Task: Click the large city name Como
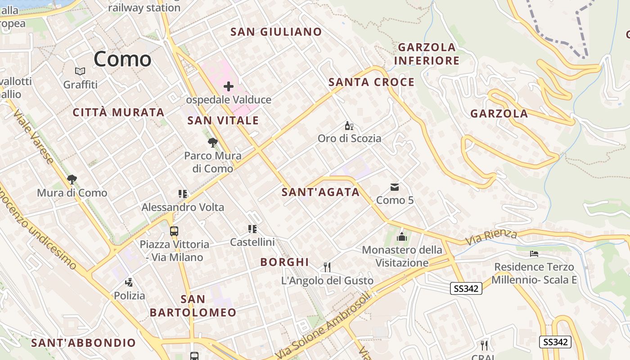tap(122, 59)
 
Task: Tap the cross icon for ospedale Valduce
tap(229, 86)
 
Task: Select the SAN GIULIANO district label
tap(276, 31)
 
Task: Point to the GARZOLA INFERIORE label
tap(427, 54)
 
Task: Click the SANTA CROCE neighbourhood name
tap(371, 82)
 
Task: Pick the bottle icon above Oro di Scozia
tap(348, 126)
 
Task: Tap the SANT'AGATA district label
tap(320, 192)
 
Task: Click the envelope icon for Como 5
tap(395, 187)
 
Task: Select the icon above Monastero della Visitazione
tap(402, 237)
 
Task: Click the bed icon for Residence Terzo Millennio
tap(534, 254)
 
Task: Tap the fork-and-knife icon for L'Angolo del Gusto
tap(327, 267)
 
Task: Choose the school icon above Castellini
tap(252, 229)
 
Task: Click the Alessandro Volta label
tap(183, 207)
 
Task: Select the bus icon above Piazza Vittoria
tap(174, 231)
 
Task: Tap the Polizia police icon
tap(129, 283)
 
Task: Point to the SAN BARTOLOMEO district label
tap(193, 306)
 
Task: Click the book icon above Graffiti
tap(80, 71)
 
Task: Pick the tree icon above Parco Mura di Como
tap(213, 143)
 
